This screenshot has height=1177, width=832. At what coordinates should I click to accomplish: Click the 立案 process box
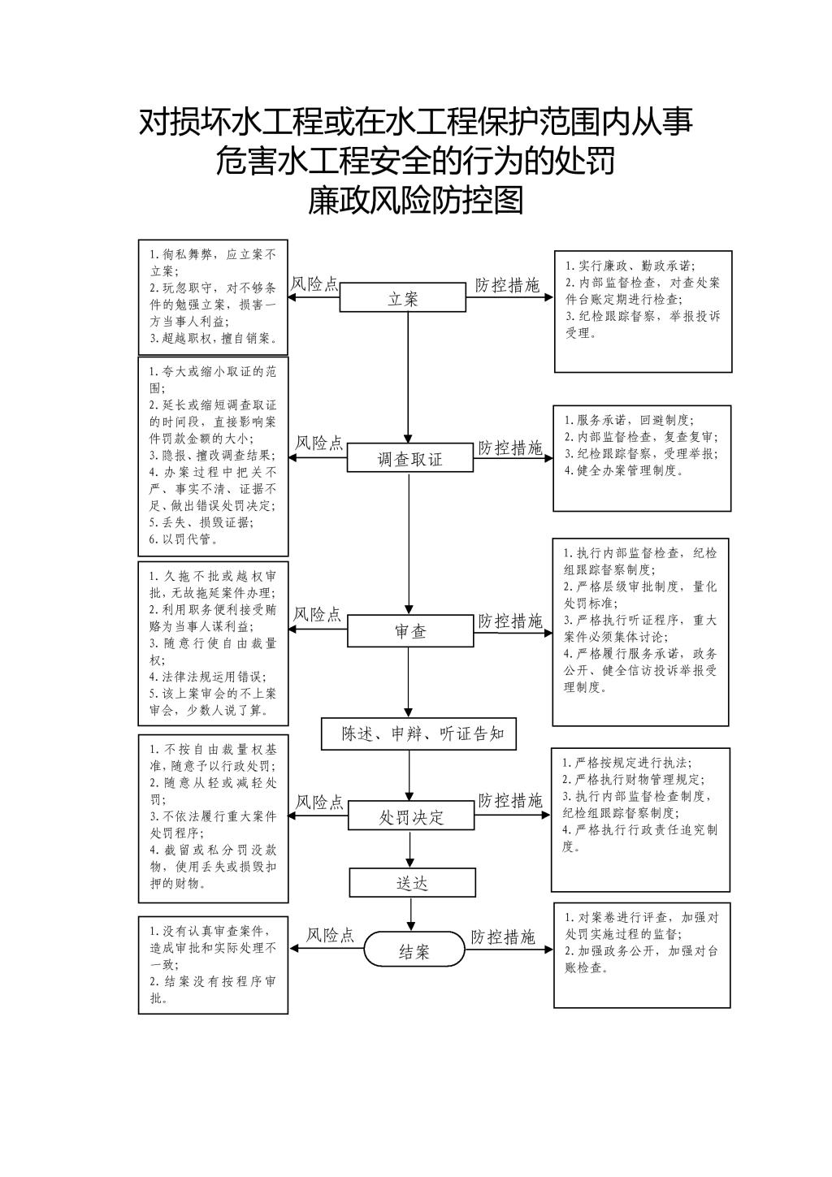403,297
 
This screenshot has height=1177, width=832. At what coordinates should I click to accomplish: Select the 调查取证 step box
410,457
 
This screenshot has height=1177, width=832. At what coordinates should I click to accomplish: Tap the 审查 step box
410,631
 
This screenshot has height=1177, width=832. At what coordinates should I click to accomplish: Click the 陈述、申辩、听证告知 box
418,733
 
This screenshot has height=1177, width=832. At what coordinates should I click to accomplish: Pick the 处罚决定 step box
411,816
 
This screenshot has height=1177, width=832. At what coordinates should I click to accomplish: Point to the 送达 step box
412,882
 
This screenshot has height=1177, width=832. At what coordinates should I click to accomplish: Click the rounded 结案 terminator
414,949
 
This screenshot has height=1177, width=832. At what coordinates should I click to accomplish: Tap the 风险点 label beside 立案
314,284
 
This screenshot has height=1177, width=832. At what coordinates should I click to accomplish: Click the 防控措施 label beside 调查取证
509,448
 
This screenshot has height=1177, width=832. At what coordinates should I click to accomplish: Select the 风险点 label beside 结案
330,935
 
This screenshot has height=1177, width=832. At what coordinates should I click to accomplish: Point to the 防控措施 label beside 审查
509,621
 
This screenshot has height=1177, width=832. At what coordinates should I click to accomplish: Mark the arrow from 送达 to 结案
411,915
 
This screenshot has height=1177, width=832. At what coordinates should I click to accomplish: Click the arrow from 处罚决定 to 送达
410,849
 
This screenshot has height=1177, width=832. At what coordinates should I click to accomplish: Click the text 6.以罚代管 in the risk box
184,539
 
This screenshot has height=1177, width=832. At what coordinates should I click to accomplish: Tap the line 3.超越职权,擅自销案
214,338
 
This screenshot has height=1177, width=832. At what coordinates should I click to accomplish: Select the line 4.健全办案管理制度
624,470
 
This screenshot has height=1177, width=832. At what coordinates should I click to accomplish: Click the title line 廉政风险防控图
415,201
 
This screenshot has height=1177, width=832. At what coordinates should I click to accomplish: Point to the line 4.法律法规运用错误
208,677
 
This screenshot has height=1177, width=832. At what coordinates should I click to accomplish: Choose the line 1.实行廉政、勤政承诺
630,266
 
